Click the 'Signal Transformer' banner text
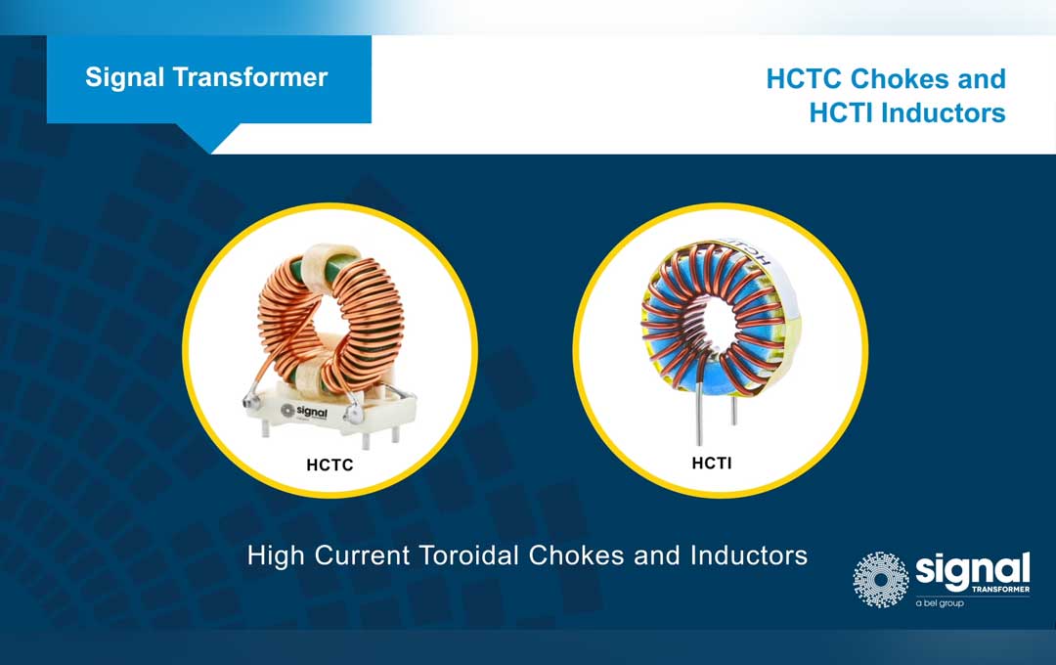coord(206,77)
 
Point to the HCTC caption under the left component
coord(330,465)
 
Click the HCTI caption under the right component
coord(711,464)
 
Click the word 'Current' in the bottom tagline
coord(363,555)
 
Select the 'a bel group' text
coord(940,602)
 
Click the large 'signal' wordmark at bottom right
coord(972,569)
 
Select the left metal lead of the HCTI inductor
coord(700,415)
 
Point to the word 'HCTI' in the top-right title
coord(841,113)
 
